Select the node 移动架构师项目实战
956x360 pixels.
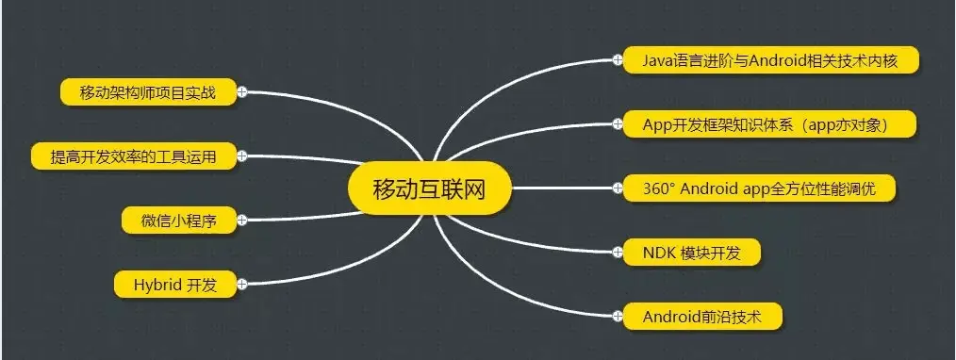pyautogui.click(x=147, y=91)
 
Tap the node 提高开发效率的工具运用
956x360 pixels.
pyautogui.click(x=133, y=156)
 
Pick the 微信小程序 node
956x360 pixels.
pyautogui.click(x=179, y=221)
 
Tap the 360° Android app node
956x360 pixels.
pyautogui.click(x=758, y=188)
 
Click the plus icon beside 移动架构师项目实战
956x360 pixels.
pyautogui.click(x=242, y=91)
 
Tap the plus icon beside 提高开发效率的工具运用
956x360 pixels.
pyautogui.click(x=242, y=156)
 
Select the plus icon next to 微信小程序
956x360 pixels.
pyautogui.click(x=242, y=221)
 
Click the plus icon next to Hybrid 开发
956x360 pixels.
pyautogui.click(x=242, y=283)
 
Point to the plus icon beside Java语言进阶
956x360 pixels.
pyautogui.click(x=617, y=60)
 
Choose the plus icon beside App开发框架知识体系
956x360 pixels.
pyautogui.click(x=617, y=123)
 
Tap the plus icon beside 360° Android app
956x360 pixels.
pyautogui.click(x=617, y=188)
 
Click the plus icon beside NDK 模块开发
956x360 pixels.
pyautogui.click(x=617, y=252)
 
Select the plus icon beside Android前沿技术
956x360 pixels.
pyautogui.click(x=617, y=316)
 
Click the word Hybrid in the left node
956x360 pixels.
pyautogui.click(x=155, y=283)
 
